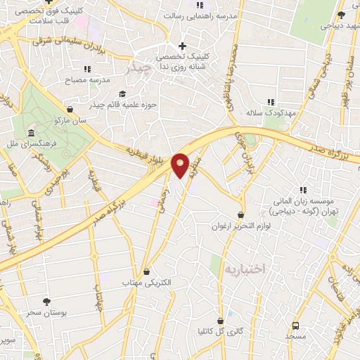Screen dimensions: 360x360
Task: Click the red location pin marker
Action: [181, 165]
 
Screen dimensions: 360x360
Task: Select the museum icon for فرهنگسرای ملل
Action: [31, 134]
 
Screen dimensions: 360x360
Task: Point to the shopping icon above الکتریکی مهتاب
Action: [146, 271]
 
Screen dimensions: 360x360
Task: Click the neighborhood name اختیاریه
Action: [244, 269]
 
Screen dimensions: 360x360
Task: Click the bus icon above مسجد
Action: [296, 326]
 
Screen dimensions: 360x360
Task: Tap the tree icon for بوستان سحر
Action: [47, 302]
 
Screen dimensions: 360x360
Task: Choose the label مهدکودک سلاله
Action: [264, 112]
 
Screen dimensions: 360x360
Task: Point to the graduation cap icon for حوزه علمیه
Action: [122, 94]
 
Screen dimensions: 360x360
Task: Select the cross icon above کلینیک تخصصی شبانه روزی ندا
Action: [182, 46]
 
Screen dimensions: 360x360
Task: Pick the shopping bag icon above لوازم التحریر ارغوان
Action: [241, 215]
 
